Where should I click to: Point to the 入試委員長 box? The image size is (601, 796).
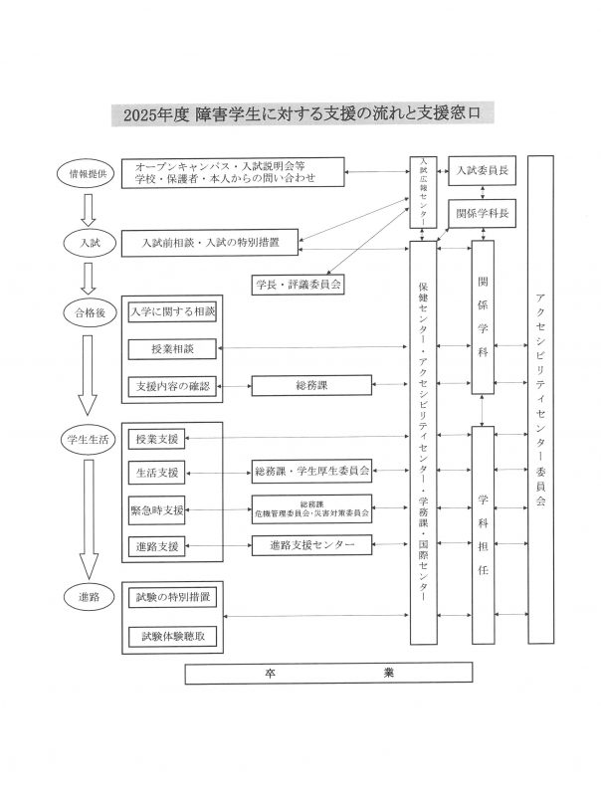click(482, 170)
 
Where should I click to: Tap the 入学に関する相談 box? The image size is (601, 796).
click(173, 312)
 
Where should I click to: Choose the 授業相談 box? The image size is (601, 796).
click(173, 349)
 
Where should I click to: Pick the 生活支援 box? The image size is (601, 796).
click(157, 471)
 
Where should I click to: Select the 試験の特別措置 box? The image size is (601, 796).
click(173, 599)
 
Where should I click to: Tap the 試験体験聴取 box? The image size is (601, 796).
click(173, 636)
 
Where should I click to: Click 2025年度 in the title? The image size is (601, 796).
click(156, 114)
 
